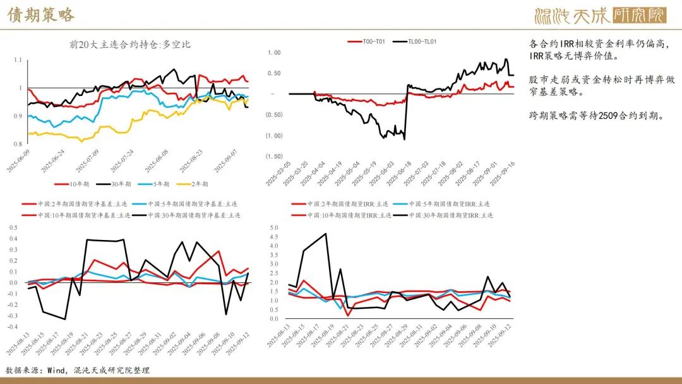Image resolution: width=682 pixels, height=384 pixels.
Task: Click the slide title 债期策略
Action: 41,15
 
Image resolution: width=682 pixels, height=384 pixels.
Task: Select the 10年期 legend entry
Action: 74,184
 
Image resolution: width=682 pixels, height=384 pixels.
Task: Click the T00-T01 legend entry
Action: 366,42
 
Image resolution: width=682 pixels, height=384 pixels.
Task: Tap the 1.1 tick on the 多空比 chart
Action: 17,60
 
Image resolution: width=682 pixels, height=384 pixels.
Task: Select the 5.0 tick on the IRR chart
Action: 273,227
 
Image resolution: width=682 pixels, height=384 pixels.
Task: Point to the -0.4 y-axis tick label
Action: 12,327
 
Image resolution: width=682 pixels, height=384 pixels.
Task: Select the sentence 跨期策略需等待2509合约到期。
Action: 596,116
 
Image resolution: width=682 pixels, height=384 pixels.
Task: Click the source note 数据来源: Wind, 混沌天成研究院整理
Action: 78,370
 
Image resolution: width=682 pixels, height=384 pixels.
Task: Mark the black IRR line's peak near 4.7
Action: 326,234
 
